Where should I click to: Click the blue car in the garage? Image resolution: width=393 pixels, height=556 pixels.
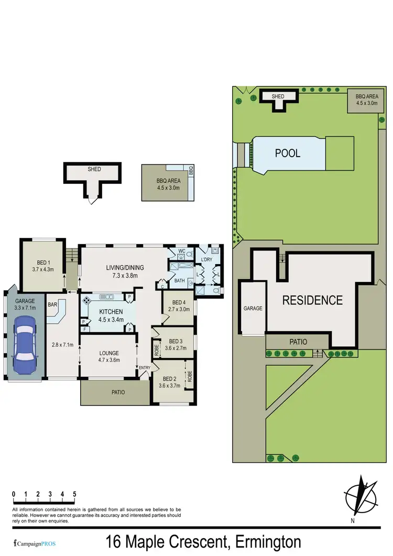[x=24, y=347]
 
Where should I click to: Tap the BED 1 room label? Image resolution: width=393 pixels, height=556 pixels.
[x=42, y=266]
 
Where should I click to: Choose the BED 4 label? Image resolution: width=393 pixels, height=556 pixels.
[x=178, y=306]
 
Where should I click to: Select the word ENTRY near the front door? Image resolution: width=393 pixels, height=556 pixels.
[x=145, y=368]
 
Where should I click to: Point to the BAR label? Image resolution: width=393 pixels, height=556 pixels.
[x=52, y=304]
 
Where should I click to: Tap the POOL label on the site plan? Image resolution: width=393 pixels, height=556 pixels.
[x=288, y=154]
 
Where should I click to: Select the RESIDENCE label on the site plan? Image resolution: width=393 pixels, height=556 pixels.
[x=312, y=300]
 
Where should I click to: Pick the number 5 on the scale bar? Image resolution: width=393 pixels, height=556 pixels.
[x=75, y=494]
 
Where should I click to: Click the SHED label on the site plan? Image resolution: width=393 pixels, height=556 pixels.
[x=278, y=96]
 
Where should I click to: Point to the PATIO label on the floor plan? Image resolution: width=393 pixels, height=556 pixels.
[x=117, y=392]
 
